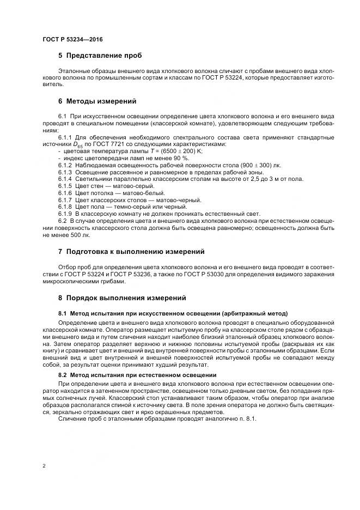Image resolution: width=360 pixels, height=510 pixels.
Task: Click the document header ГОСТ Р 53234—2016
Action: point(72,40)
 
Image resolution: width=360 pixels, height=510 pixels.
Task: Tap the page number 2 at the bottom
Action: point(44,466)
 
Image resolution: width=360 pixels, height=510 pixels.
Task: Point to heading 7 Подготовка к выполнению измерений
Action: point(131,252)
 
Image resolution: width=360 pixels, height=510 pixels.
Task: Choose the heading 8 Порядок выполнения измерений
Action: point(122,298)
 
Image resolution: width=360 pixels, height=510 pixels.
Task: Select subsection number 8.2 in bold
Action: point(63,375)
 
